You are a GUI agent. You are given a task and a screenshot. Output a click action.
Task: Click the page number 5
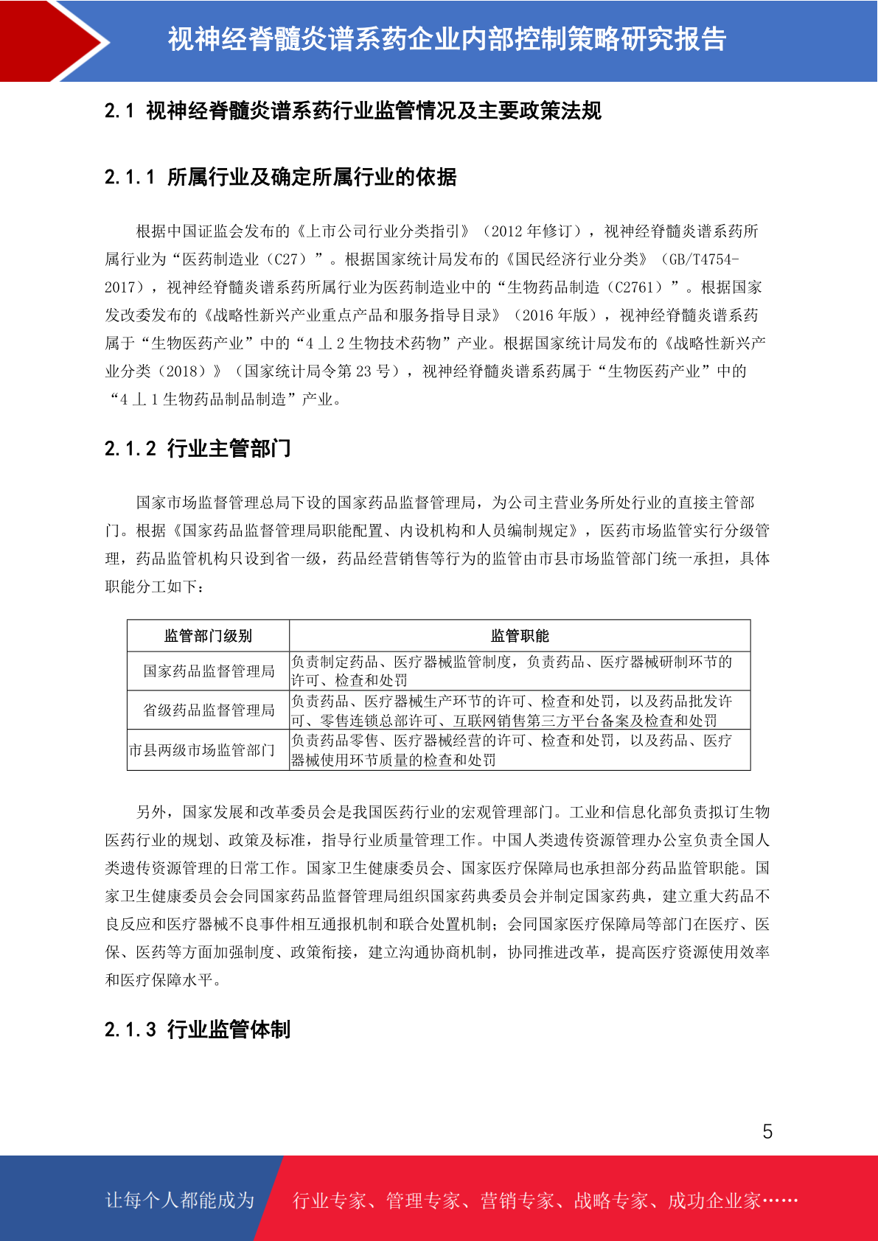[x=767, y=1132]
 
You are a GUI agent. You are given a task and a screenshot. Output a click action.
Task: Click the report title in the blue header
[x=447, y=40]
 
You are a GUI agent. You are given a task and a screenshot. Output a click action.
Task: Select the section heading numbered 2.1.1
[x=280, y=177]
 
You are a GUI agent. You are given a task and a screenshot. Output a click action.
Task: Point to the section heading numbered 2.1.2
[x=198, y=448]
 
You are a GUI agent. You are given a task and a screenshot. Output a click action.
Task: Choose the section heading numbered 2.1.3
[x=198, y=1029]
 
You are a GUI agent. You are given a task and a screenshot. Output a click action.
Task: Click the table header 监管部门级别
[x=208, y=636]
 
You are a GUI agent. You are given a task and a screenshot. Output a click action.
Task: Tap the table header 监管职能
[x=520, y=636]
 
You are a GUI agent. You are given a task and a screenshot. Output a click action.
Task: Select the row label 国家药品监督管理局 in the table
[x=209, y=671]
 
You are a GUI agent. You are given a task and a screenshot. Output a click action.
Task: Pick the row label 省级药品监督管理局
[x=209, y=710]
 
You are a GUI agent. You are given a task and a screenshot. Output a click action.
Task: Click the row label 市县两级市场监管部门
[x=202, y=750]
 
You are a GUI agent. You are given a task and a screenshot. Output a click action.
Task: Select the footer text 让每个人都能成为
[x=180, y=1200]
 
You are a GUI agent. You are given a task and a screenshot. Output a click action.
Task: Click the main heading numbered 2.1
[x=352, y=111]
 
